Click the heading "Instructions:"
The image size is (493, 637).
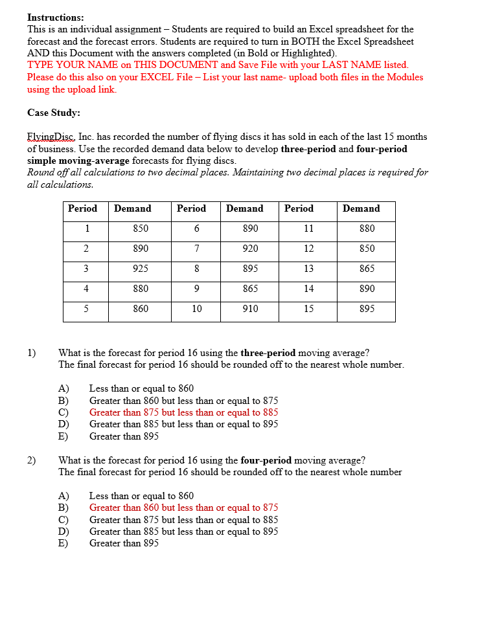(55, 17)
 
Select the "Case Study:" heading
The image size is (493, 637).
(54, 113)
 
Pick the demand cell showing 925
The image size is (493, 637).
(141, 269)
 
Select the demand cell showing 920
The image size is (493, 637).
(250, 249)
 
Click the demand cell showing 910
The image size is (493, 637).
(250, 309)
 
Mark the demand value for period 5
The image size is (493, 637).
(141, 309)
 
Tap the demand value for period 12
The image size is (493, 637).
(367, 249)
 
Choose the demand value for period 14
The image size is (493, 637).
(367, 289)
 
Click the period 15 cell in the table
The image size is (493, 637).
(308, 309)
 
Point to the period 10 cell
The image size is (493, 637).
(196, 309)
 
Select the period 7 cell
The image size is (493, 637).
(196, 249)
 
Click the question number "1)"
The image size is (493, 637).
(32, 353)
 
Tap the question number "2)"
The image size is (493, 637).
(32, 460)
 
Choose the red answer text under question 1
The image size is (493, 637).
(183, 412)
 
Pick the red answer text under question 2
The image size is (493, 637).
(183, 508)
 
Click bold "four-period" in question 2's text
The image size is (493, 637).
(266, 460)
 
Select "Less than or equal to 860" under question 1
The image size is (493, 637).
(141, 388)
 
